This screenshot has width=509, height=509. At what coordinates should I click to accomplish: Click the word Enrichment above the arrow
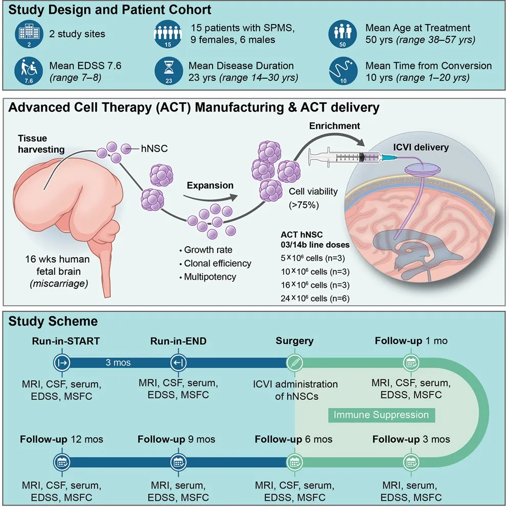[334, 126]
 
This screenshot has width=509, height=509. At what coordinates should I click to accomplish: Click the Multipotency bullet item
[210, 276]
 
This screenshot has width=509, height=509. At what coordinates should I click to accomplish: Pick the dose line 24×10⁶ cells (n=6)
[312, 298]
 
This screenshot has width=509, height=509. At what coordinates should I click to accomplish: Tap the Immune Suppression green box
[381, 414]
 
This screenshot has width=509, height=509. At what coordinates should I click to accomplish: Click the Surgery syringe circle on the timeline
[295, 362]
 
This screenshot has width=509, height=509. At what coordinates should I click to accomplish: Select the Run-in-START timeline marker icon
[61, 362]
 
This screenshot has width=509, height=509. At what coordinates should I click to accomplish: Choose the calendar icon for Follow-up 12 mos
[61, 461]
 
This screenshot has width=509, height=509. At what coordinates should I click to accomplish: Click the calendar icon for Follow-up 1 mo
[410, 362]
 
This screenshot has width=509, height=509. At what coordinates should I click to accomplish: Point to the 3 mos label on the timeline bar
[118, 363]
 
